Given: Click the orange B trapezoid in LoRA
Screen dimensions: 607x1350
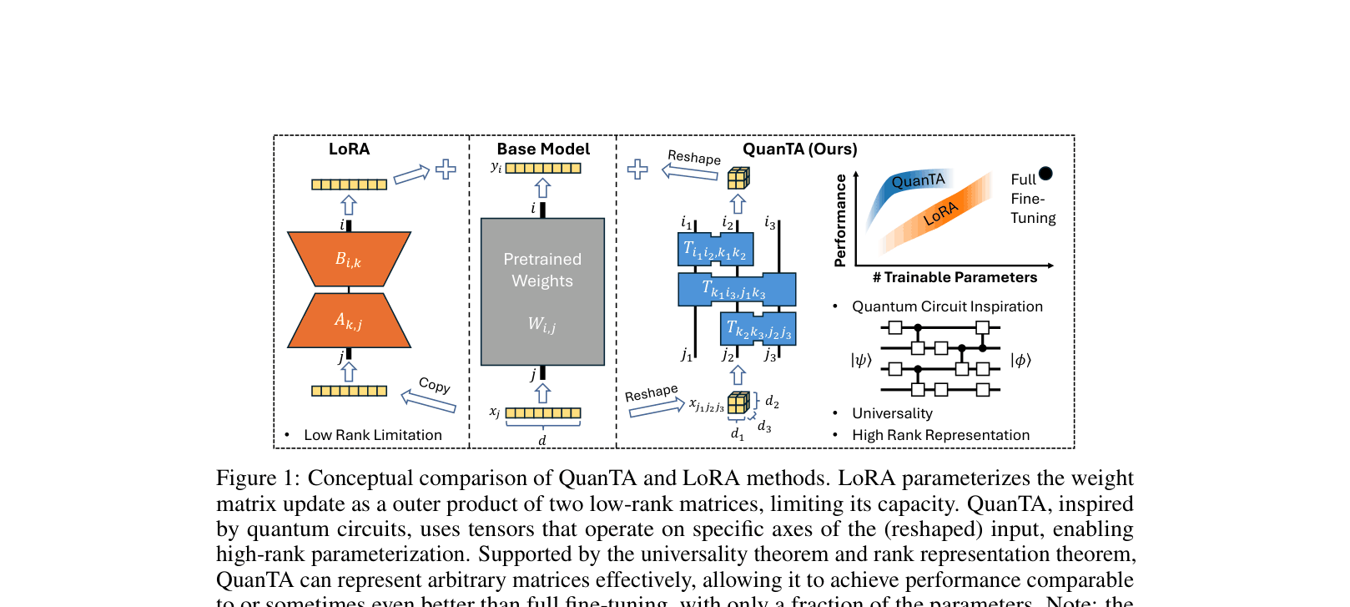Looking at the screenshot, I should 349,259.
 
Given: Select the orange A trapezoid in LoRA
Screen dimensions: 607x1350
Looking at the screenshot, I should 349,321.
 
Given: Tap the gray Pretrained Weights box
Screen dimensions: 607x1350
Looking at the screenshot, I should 542,291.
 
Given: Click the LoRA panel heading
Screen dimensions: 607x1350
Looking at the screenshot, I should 349,149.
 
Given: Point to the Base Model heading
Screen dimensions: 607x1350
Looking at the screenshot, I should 543,149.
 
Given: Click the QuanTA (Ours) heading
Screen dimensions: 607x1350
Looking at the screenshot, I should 799,149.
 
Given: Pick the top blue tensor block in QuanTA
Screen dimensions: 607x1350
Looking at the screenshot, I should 715,249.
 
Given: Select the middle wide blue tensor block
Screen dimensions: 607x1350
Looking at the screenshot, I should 736,290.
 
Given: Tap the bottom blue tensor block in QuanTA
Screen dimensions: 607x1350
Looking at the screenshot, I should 758,329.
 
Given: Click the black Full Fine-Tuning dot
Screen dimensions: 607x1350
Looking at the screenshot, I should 1045,174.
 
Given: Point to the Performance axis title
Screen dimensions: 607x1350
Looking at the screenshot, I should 840,220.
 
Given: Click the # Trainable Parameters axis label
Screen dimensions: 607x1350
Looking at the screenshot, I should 955,277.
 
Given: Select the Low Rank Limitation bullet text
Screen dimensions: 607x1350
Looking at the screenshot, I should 373,435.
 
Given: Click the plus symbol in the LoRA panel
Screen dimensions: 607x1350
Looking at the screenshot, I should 446,169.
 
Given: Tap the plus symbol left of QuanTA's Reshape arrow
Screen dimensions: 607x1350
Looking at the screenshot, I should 637,169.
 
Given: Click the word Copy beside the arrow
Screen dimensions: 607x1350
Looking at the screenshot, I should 435,385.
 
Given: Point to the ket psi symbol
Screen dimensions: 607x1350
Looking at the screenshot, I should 861,360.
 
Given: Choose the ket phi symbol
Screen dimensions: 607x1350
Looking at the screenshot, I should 1020,360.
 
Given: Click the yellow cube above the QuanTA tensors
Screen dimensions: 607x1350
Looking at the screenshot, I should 738,178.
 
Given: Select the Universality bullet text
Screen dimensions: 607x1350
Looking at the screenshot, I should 892,413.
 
